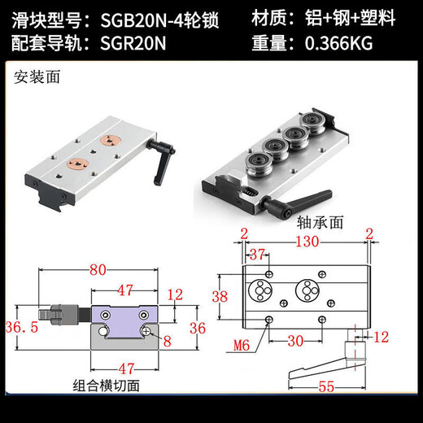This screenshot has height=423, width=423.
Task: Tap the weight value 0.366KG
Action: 338,44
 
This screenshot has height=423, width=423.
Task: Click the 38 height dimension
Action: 220,297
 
